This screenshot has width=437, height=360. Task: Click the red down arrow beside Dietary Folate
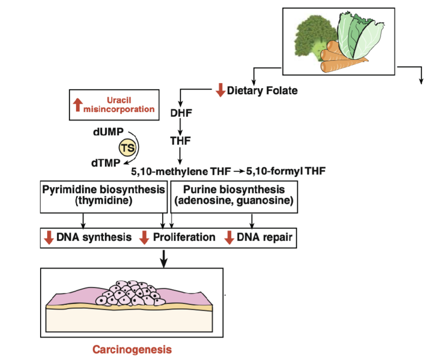220,90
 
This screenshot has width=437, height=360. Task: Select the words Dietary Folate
262,90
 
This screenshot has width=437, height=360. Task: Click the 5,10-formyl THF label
286,171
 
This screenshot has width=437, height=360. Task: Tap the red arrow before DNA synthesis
48,237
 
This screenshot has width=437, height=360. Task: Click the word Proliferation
184,237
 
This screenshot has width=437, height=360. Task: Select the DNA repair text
264,237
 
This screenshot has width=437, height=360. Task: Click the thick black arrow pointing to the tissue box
164,258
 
